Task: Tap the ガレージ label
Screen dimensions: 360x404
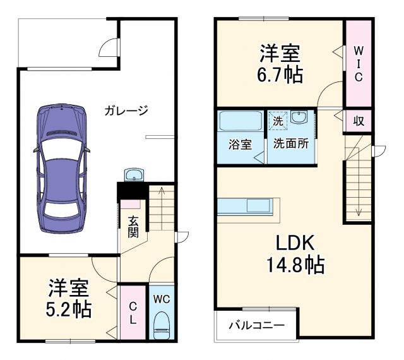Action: (126, 112)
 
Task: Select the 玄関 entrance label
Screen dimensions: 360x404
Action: (134, 226)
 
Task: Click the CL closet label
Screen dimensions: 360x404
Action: (133, 314)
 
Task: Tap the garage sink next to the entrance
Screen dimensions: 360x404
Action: (134, 174)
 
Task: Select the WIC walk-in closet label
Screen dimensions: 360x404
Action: (358, 63)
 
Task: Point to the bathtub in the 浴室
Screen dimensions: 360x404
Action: (240, 121)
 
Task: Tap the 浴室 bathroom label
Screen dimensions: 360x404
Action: (240, 143)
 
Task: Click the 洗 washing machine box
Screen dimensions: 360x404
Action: (278, 119)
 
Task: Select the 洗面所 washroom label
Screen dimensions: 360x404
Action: (291, 143)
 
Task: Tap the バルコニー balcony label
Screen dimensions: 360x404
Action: (256, 327)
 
